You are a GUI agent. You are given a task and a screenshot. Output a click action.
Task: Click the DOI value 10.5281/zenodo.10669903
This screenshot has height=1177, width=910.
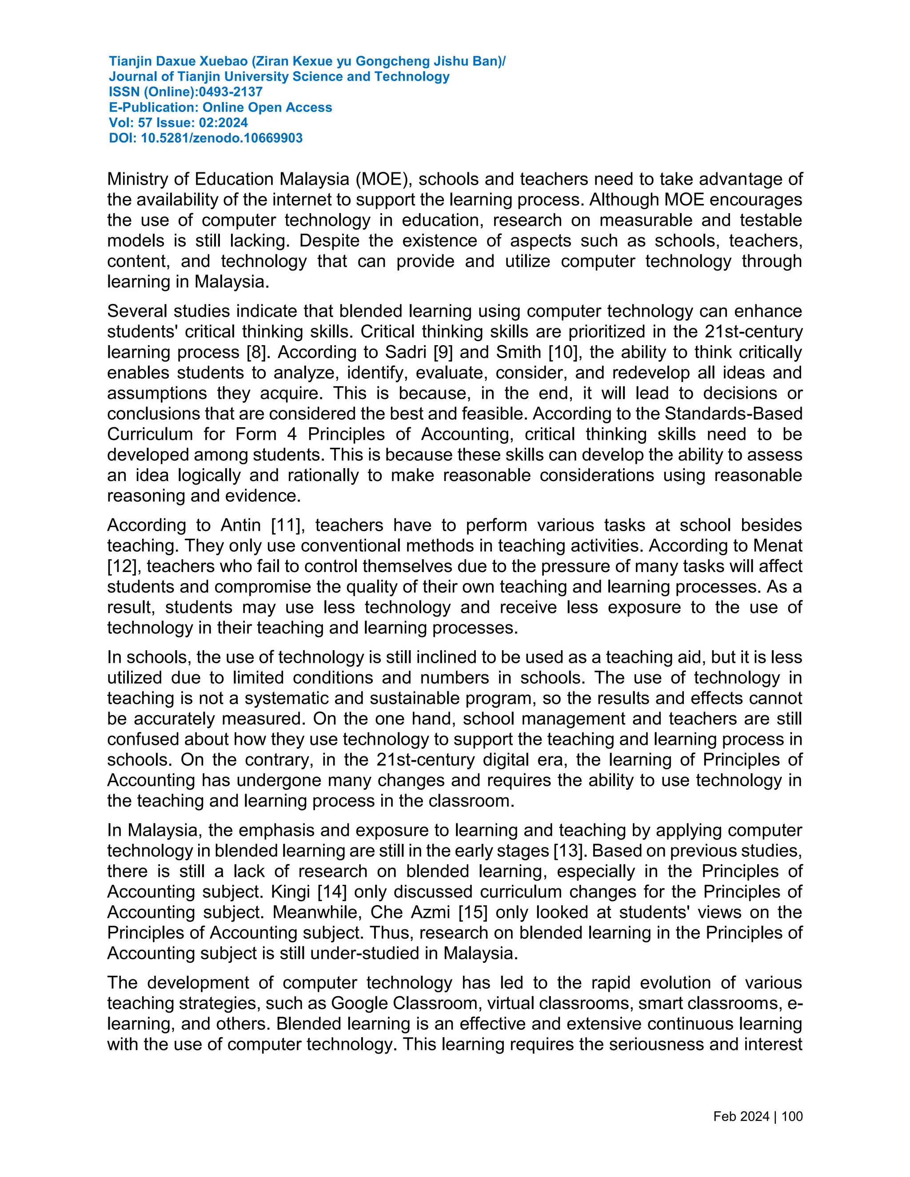coord(222,139)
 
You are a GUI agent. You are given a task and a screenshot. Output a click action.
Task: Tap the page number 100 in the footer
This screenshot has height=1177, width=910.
coord(791,1116)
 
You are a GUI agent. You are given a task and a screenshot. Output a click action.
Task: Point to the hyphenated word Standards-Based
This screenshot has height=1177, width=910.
coord(734,414)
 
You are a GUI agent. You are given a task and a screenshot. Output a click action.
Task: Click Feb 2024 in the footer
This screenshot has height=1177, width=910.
coord(741,1116)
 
